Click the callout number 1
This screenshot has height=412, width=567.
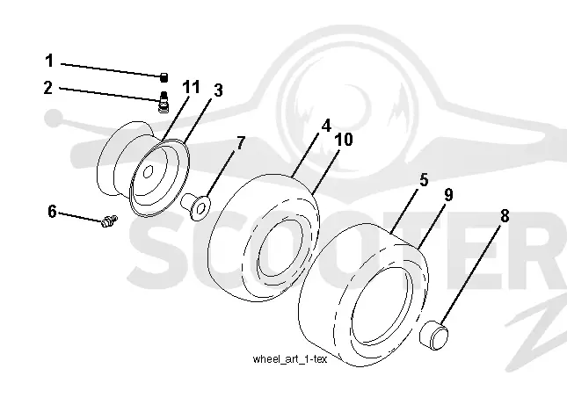49,61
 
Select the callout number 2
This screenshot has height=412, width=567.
47,88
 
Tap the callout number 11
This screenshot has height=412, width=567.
191,87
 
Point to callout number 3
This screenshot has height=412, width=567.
218,90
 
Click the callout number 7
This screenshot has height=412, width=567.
241,143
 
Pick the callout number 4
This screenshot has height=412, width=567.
326,126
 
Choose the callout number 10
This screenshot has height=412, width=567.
344,140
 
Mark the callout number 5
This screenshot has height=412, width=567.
424,180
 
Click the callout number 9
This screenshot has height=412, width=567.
448,195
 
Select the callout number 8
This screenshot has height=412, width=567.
505,216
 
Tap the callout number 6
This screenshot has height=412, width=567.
53,212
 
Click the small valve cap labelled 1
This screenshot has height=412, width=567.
164,77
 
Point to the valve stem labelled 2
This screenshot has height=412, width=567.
164,102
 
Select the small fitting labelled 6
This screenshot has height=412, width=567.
109,220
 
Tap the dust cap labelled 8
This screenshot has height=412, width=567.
434,335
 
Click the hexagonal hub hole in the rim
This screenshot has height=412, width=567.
148,172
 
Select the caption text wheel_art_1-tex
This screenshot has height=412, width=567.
289,359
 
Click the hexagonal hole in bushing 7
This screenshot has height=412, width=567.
202,207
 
